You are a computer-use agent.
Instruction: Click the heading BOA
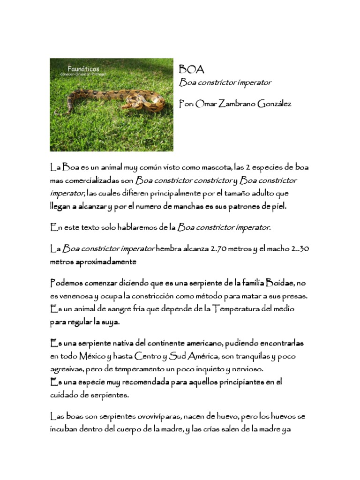pyautogui.click(x=192, y=69)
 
